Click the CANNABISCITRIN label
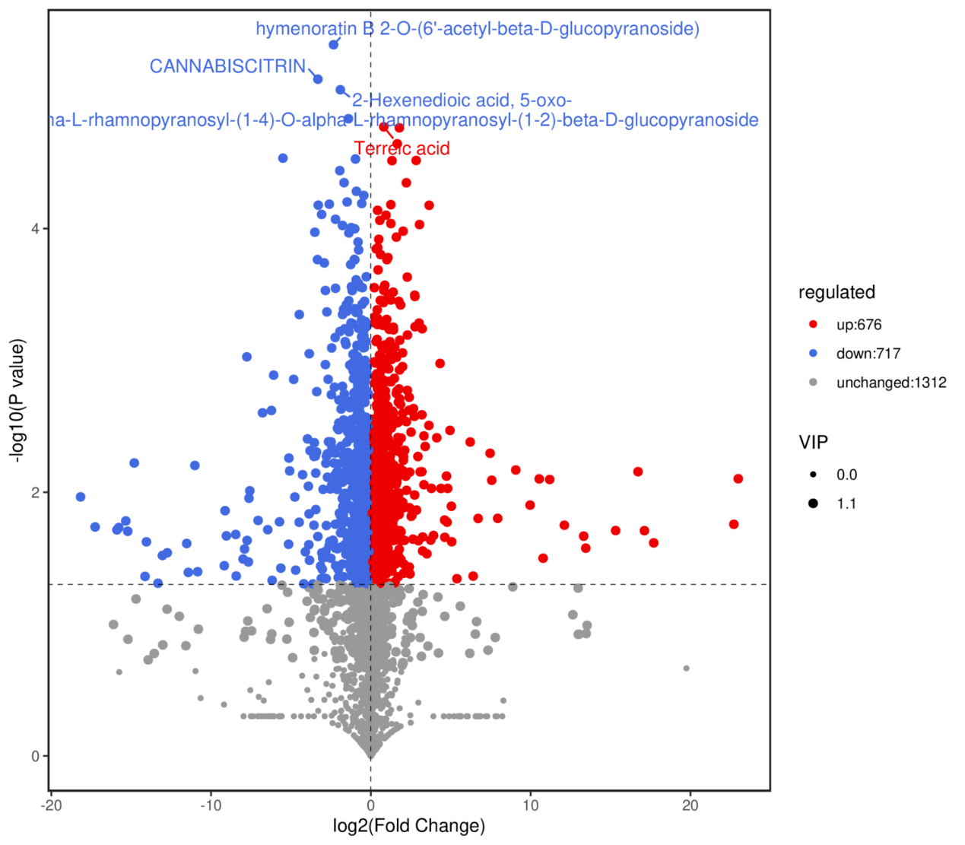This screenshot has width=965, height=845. (227, 67)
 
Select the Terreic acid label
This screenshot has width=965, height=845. (402, 148)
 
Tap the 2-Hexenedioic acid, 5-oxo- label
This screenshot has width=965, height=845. (462, 100)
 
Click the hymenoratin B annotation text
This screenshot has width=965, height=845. (477, 29)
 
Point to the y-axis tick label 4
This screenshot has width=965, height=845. (35, 229)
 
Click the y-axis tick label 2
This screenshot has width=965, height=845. (35, 492)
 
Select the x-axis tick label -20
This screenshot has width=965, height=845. (50, 805)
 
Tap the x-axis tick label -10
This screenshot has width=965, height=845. (210, 805)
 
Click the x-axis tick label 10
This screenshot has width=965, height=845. (530, 805)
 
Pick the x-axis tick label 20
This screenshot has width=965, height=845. (690, 805)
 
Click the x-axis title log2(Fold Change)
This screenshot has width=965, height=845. (408, 826)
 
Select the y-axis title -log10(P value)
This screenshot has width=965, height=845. (17, 400)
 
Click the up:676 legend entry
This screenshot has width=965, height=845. (859, 325)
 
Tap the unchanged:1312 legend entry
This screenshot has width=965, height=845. (890, 383)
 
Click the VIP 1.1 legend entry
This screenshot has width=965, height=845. (846, 504)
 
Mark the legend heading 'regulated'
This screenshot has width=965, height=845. (836, 292)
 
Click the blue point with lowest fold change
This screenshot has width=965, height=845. (81, 497)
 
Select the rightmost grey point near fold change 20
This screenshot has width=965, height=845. (686, 669)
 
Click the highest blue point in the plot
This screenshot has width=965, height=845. (333, 45)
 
